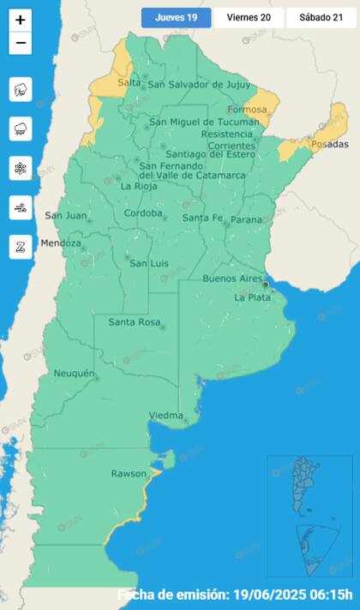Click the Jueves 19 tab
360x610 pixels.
click(x=176, y=17)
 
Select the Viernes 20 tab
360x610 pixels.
click(x=249, y=17)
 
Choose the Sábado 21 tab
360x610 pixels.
click(x=321, y=17)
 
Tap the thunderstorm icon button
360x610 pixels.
click(x=21, y=89)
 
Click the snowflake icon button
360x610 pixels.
click(x=21, y=168)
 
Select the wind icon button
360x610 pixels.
click(x=21, y=207)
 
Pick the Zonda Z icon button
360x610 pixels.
click(x=21, y=247)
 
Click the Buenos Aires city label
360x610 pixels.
click(x=231, y=278)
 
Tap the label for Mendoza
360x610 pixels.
click(x=60, y=243)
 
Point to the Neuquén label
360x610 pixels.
click(x=74, y=374)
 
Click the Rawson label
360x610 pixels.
click(x=129, y=474)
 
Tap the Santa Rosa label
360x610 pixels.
click(x=135, y=322)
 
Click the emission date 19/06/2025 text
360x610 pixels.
click(x=275, y=595)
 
